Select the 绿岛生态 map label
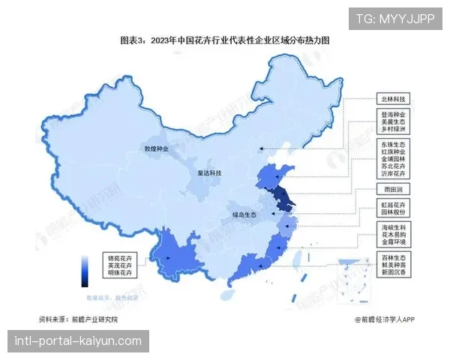pos(243,215)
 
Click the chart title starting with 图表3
pos(225,40)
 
